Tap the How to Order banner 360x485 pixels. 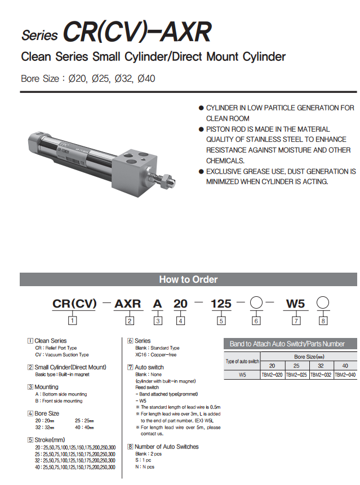click(188, 279)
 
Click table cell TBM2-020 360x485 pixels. click(273, 374)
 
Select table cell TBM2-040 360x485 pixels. click(345, 374)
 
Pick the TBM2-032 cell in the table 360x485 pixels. click(321, 374)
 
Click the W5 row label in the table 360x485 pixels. click(242, 374)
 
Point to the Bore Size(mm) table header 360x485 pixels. click(309, 357)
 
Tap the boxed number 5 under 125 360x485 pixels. click(221, 321)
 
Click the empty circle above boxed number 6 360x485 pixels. click(256, 304)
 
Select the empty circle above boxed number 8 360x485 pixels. click(322, 304)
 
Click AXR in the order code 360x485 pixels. click(128, 304)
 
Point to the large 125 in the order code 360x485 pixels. click(221, 304)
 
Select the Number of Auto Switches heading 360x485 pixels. click(166, 447)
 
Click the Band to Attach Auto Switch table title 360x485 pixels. click(287, 344)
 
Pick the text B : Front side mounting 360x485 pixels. click(59, 401)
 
